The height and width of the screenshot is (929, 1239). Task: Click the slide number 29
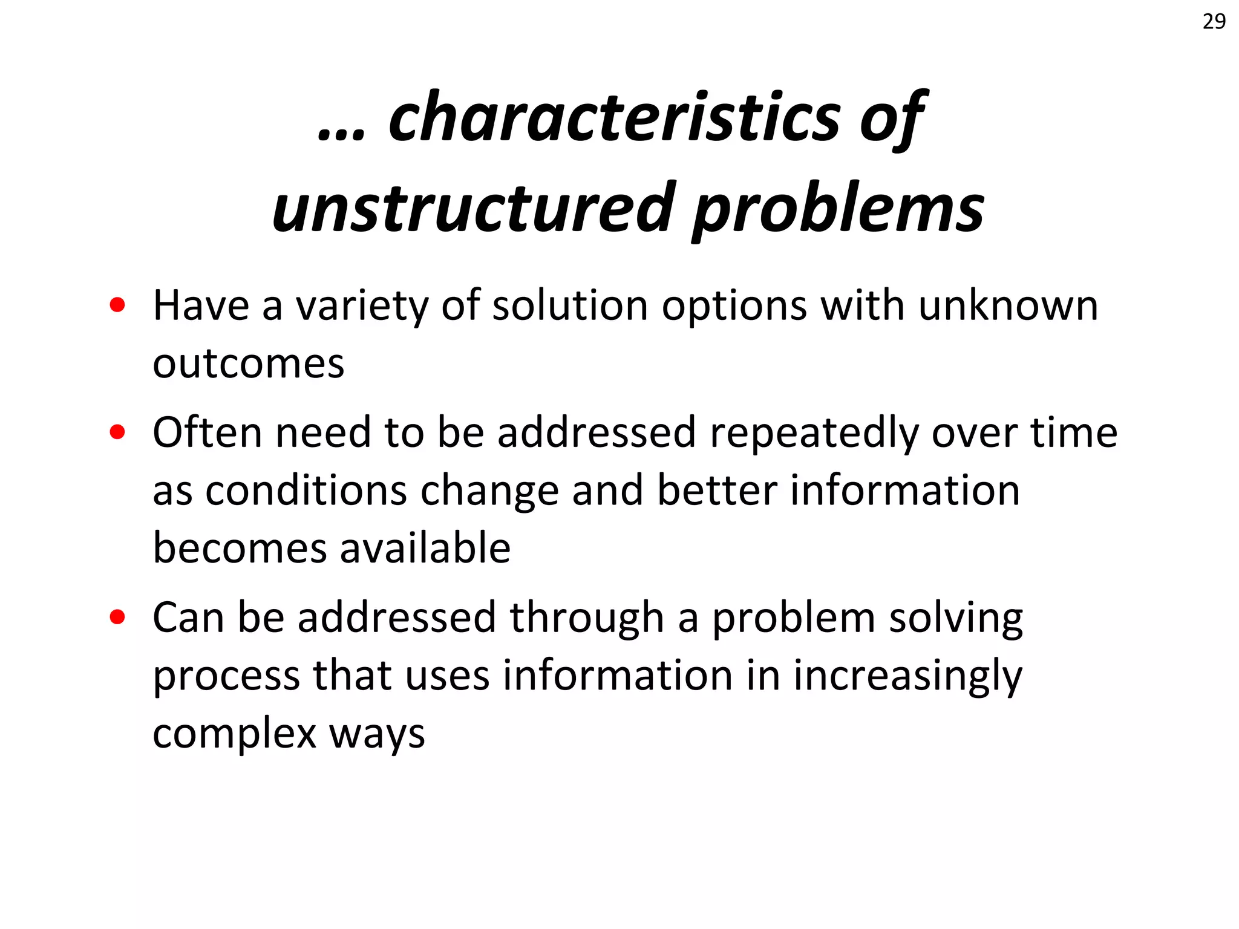(x=1214, y=22)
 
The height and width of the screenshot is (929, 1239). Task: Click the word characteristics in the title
(x=614, y=118)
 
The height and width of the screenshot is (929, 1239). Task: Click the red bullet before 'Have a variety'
(x=117, y=305)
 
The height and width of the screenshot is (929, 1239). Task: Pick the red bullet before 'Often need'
(x=117, y=432)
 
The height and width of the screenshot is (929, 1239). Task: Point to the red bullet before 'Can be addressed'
(x=117, y=618)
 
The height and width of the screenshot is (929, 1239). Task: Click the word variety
(x=361, y=306)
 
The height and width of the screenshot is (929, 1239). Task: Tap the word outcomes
(x=248, y=364)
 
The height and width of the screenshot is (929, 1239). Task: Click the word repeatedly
(x=814, y=434)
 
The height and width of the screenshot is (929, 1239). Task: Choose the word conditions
(x=306, y=491)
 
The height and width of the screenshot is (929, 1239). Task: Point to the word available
(x=425, y=548)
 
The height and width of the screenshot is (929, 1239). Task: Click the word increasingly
(x=907, y=677)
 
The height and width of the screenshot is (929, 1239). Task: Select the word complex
(x=235, y=735)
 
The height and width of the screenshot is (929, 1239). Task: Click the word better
(x=717, y=491)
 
